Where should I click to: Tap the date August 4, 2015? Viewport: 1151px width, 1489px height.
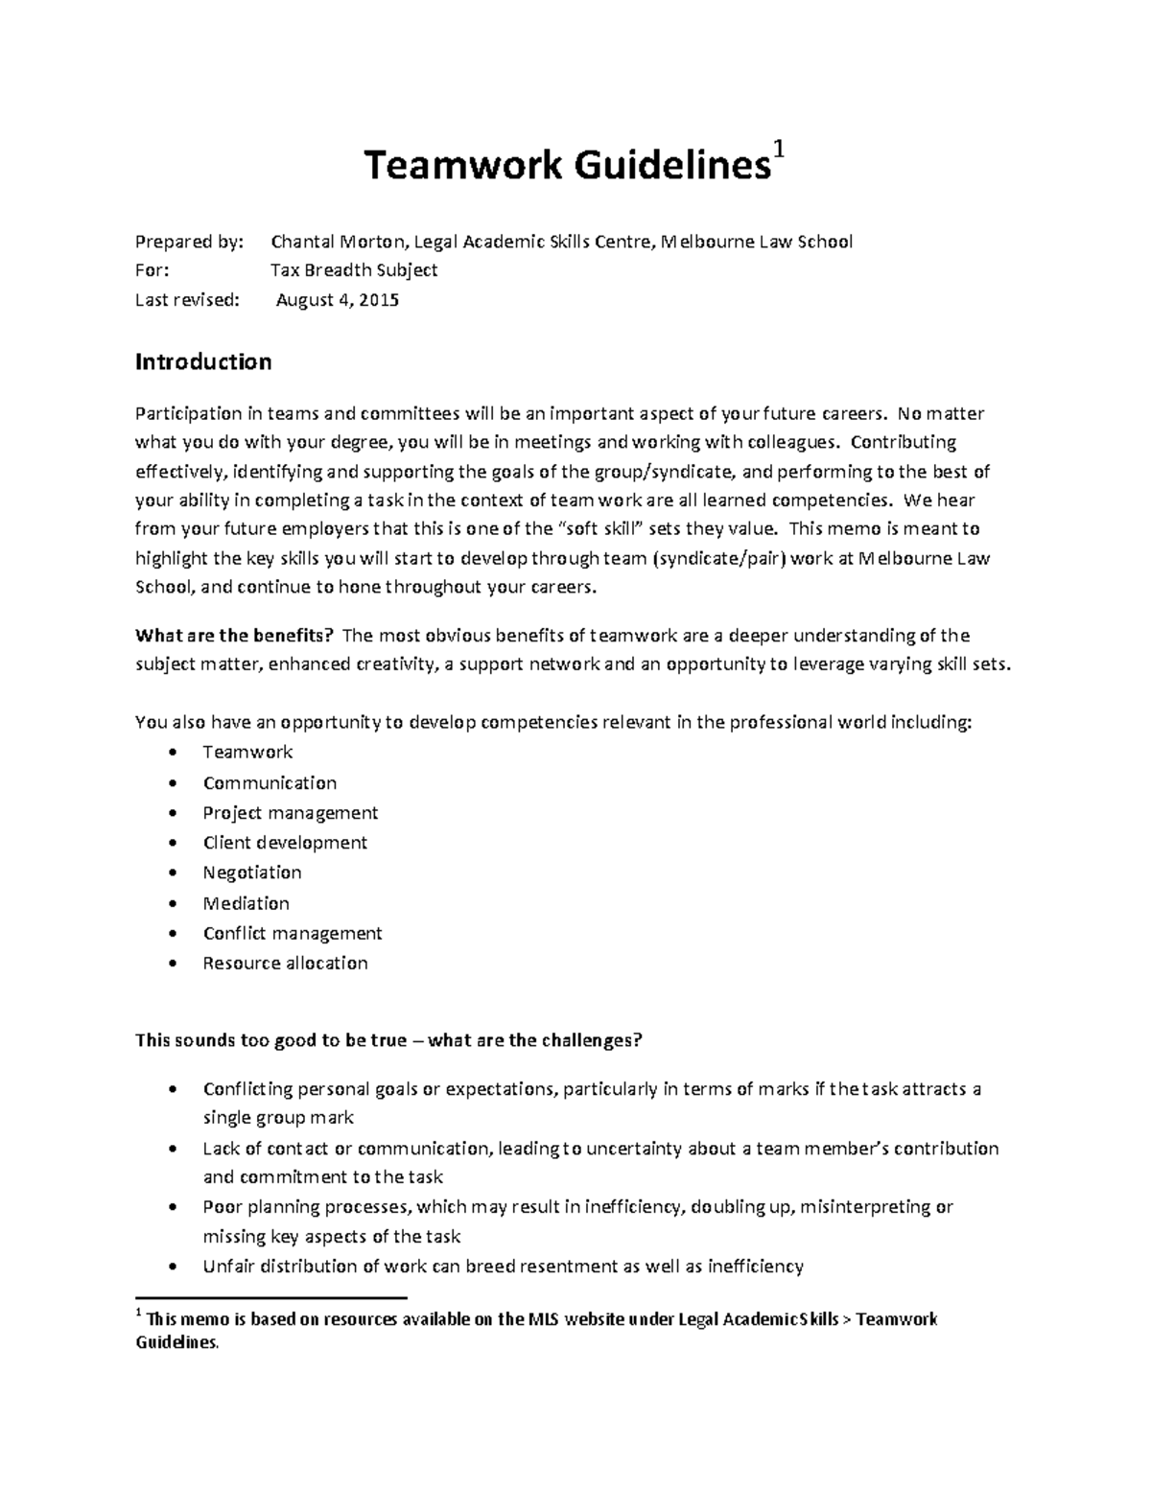pos(338,300)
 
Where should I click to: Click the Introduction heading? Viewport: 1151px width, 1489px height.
pos(203,361)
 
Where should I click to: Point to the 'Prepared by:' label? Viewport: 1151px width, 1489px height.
pos(190,242)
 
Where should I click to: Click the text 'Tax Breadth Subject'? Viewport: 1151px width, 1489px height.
pos(354,270)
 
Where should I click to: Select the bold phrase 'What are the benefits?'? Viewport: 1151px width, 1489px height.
pos(235,636)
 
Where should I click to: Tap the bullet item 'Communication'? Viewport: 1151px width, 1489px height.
pos(270,783)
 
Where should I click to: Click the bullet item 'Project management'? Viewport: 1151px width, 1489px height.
pos(290,813)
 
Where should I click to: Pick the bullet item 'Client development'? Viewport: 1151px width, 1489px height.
pos(285,843)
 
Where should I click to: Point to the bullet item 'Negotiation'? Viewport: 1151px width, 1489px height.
pos(252,872)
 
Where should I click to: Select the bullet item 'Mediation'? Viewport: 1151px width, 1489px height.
pos(246,903)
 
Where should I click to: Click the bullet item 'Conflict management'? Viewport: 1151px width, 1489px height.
pos(293,933)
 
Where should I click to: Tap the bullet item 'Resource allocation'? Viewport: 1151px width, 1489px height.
pos(285,963)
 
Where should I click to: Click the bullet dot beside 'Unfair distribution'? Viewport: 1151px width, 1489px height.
pos(172,1267)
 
